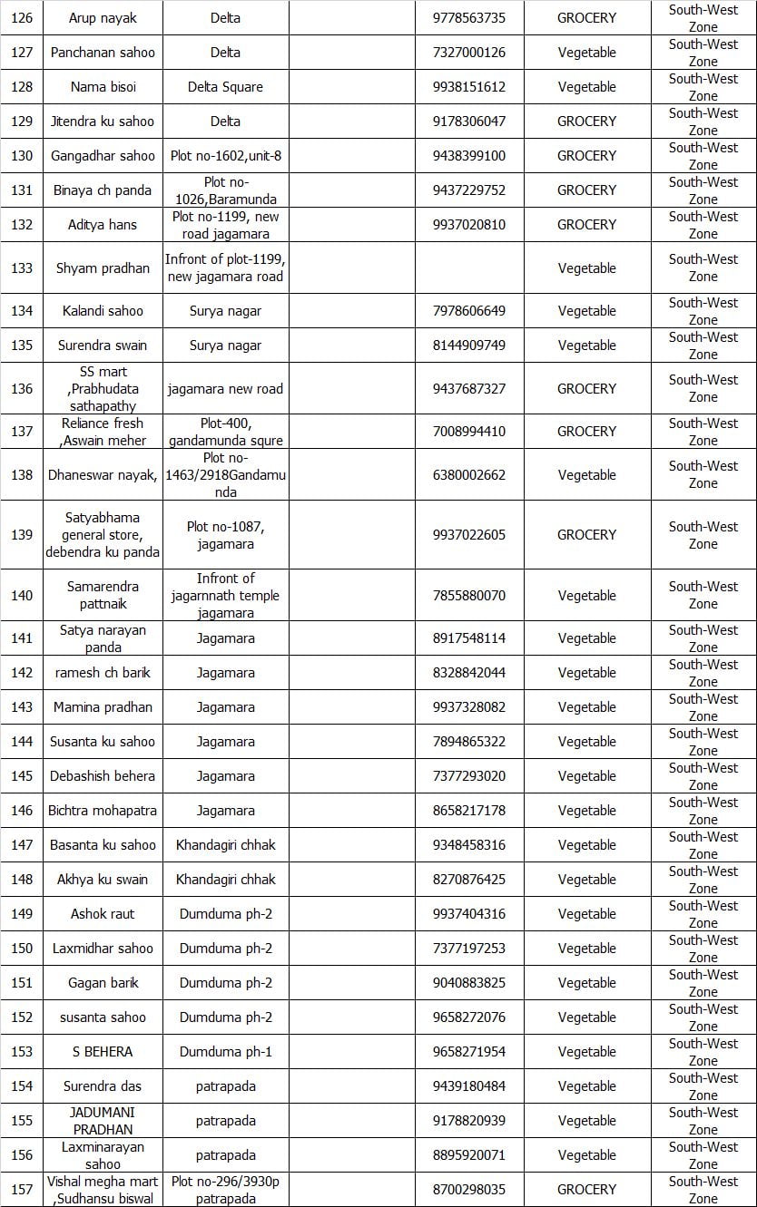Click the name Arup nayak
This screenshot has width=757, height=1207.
coord(103,18)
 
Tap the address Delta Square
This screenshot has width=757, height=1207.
coord(225,87)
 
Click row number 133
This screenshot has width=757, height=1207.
coord(22,268)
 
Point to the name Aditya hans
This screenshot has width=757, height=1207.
coord(103,225)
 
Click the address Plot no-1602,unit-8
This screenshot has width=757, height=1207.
coord(225,156)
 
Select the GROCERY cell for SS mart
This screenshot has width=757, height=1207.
coord(586,388)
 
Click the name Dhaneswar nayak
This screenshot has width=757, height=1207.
coord(103,474)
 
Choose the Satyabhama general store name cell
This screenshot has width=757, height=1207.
coord(103,534)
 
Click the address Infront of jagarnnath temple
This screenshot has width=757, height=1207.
coord(225,595)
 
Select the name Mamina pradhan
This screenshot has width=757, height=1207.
coord(103,707)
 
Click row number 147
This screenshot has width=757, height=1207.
coord(22,845)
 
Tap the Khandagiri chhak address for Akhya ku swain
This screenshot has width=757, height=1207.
coord(225,880)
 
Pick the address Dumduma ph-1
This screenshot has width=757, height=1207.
coord(225,1052)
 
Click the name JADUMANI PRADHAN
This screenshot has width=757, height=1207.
coord(103,1121)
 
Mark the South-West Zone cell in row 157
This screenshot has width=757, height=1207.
coord(703,1189)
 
